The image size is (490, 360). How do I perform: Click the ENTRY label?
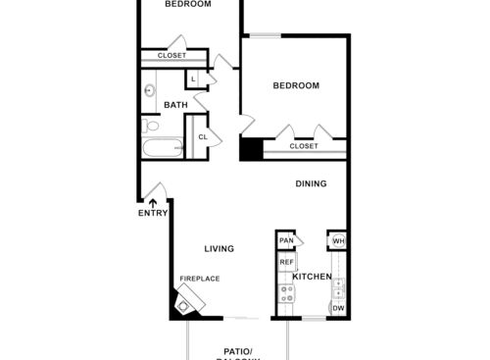click(153, 213)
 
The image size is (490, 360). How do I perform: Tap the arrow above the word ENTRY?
click(152, 202)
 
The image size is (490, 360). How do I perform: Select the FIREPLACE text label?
click(199, 279)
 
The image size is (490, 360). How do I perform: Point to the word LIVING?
click(219, 248)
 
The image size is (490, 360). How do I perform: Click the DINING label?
click(312, 183)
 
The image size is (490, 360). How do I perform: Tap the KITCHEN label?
click(312, 277)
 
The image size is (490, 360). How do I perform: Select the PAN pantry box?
click(286, 240)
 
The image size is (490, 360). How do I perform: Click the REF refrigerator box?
click(287, 262)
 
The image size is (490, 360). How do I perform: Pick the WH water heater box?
click(338, 240)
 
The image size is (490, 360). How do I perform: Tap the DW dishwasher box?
click(337, 309)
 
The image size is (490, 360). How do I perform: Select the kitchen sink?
click(338, 287)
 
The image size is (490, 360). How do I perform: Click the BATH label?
click(175, 105)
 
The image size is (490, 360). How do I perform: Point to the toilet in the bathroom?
click(150, 128)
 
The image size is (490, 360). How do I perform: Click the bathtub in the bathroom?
click(163, 150)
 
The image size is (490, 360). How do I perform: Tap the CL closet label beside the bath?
click(203, 136)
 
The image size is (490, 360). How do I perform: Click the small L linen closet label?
click(194, 78)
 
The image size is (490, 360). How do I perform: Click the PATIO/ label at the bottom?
click(238, 350)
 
